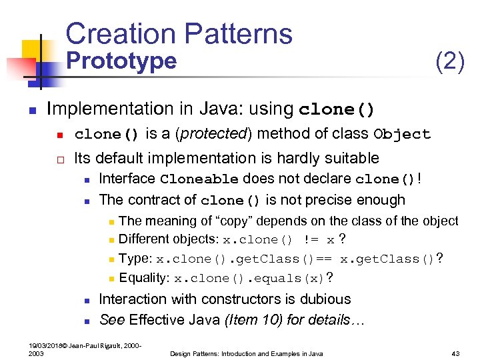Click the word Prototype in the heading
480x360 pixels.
(123, 61)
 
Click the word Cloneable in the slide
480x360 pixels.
(199, 179)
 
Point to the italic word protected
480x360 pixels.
(212, 134)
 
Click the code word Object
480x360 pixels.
(402, 135)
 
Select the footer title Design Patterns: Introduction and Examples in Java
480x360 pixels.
(246, 353)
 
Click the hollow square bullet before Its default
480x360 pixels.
(59, 159)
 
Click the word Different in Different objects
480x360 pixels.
(145, 239)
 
